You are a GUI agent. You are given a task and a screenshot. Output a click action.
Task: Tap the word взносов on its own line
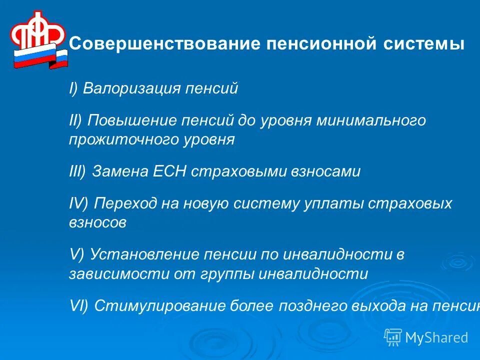coord(97,222)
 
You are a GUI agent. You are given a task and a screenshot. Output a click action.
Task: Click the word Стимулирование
coord(159,305)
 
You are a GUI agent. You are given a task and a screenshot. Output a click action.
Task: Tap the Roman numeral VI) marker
coord(78,305)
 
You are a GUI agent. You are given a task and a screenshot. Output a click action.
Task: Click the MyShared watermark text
coord(436,337)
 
